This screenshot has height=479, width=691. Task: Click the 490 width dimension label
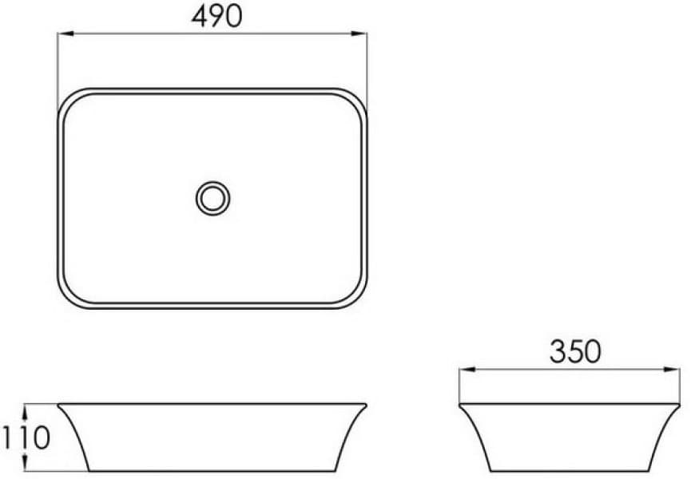[216, 17]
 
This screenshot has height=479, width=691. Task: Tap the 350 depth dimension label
[575, 352]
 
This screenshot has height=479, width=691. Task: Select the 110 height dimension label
[26, 437]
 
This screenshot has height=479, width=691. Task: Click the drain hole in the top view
[212, 199]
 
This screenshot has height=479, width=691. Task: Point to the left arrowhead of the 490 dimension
[66, 34]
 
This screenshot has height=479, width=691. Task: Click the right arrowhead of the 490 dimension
[359, 34]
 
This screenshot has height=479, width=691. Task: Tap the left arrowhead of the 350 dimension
[467, 370]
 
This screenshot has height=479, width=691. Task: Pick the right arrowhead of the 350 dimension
[672, 370]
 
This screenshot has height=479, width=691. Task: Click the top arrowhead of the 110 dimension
[25, 411]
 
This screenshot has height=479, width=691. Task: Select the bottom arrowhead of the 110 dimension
[25, 463]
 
